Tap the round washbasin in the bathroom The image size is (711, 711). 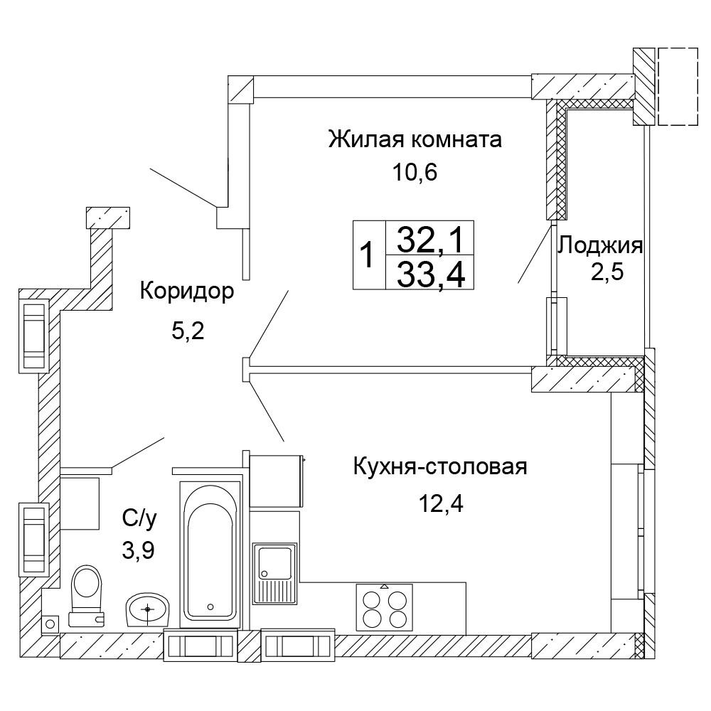click(149, 609)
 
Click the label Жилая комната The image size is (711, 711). click(415, 139)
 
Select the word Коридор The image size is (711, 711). click(186, 292)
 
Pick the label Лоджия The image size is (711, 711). click(600, 247)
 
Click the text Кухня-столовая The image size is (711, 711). click(439, 468)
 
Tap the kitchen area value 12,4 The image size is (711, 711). click(440, 505)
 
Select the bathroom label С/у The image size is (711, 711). click(139, 520)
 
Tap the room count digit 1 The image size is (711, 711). click(368, 255)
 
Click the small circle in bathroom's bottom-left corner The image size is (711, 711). click(49, 624)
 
